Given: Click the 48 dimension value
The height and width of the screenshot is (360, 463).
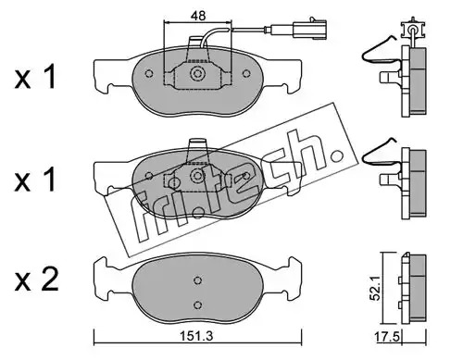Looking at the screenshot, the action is [198, 16].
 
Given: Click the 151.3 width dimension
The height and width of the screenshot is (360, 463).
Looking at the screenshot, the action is [197, 336].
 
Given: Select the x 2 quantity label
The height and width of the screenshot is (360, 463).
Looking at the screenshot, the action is [36, 279].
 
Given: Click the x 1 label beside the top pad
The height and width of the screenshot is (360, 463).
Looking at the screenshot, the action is [35, 77].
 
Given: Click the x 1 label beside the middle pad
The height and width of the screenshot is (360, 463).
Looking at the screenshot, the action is [35, 180].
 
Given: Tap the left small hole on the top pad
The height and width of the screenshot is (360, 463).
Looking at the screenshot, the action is [149, 74].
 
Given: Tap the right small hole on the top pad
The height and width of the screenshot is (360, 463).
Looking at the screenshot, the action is [246, 74].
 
